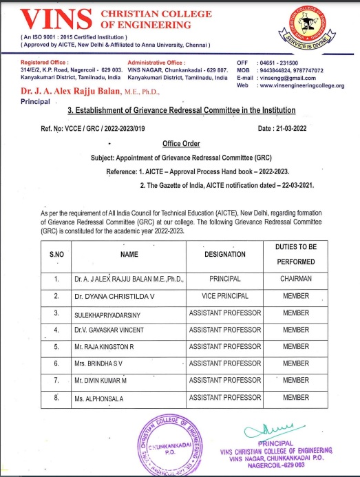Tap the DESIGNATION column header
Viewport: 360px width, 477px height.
click(x=225, y=254)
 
